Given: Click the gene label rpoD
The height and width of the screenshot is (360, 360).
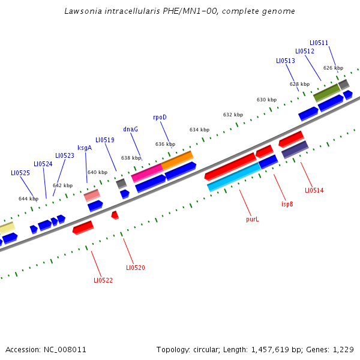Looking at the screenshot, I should point(160,117).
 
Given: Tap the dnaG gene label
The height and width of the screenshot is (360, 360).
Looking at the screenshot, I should point(130,129).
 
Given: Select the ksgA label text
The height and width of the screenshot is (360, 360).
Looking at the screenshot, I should point(85,148).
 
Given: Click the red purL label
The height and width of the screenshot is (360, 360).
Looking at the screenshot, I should point(253,220).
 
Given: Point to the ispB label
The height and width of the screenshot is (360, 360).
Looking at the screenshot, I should point(287,204).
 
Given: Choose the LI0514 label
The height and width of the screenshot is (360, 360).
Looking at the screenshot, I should point(314,190).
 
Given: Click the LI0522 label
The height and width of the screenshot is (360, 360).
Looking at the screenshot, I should point(103,280).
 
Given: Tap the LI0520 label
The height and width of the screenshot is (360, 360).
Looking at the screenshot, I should point(135,268).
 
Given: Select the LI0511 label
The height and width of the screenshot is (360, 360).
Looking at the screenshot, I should point(319,43).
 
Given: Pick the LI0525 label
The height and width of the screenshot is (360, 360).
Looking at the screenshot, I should point(20,173).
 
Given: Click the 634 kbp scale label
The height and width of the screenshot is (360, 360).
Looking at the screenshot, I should point(199,130).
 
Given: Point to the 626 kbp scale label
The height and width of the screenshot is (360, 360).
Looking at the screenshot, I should point(333,68).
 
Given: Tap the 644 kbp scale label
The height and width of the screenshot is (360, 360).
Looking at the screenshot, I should point(28,199).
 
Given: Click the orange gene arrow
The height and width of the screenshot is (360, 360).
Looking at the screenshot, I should point(177,160).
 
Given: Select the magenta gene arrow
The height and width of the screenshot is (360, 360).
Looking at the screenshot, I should point(147,173).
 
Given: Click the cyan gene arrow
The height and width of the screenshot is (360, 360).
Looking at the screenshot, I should point(234,178).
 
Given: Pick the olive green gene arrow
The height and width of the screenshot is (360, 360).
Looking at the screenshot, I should point(326,92).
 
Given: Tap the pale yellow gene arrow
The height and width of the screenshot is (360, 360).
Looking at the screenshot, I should point(5,229).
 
